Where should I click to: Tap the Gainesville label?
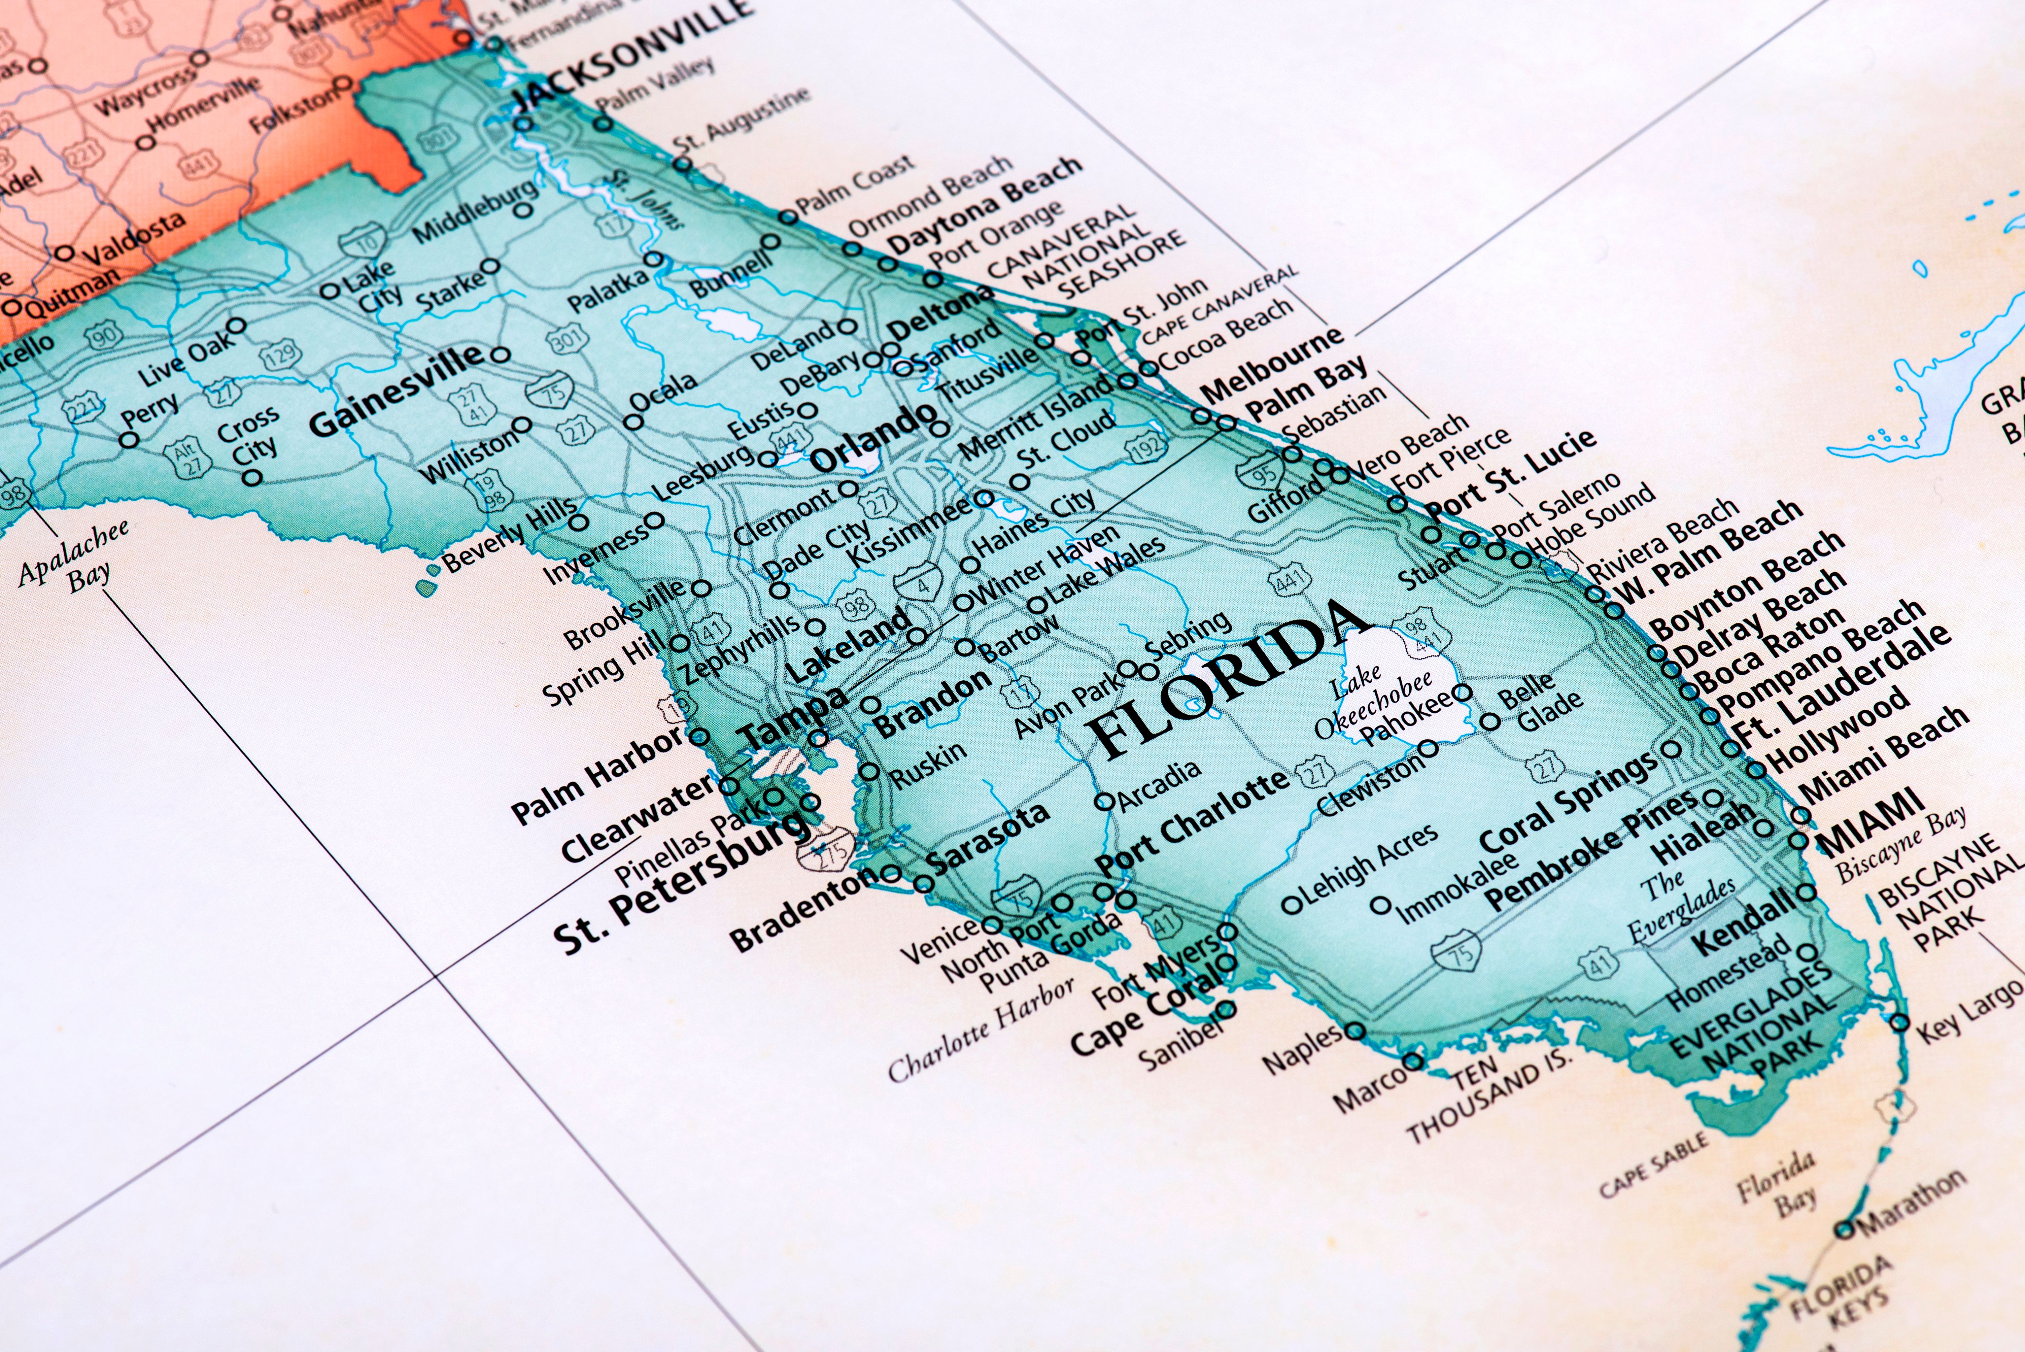pyautogui.click(x=397, y=388)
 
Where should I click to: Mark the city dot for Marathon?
pyautogui.click(x=1842, y=1229)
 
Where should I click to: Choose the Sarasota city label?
pyautogui.click(x=987, y=836)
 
